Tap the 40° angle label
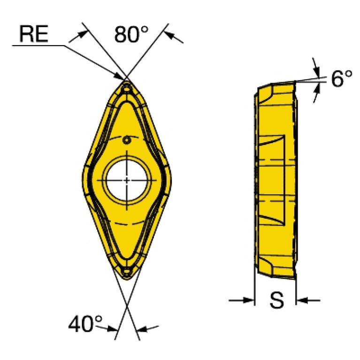[85, 323]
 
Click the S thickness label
[276, 301]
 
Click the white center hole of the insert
[127, 180]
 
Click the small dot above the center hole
[126, 139]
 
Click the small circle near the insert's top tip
[126, 88]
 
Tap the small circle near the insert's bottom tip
[126, 271]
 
